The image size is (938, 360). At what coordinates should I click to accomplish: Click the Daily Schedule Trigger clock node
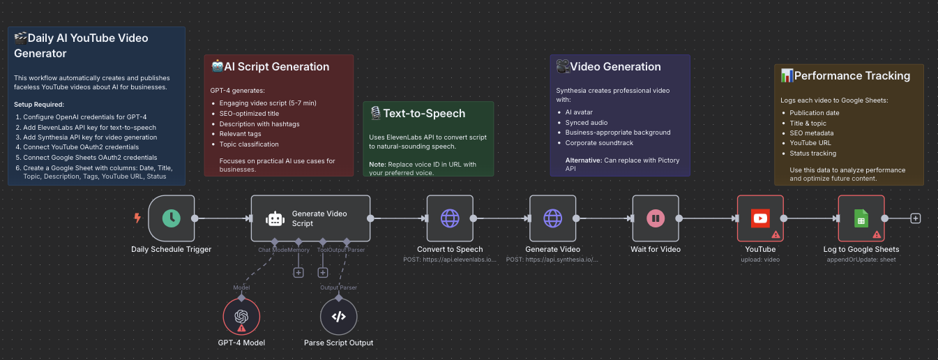pos(172,218)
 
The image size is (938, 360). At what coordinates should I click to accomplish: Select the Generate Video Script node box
pos(310,218)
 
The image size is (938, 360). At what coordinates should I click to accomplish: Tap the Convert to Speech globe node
pos(450,218)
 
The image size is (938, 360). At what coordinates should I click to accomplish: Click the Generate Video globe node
pos(552,218)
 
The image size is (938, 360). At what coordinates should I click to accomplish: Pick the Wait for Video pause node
pos(656,218)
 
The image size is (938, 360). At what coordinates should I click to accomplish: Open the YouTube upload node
pos(760,218)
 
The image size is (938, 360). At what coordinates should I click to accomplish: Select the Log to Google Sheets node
pos(861,218)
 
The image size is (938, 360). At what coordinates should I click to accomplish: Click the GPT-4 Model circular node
pos(241,316)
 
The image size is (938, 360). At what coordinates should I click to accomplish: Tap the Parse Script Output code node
pos(338,316)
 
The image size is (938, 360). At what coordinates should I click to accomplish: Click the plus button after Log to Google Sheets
pos(916,218)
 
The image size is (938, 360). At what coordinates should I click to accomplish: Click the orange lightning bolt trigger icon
pos(137,218)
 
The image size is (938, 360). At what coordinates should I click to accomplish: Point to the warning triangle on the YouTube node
pos(776,235)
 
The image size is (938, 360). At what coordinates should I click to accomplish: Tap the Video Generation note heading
pos(615,67)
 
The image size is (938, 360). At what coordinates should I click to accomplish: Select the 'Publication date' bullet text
pos(815,113)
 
